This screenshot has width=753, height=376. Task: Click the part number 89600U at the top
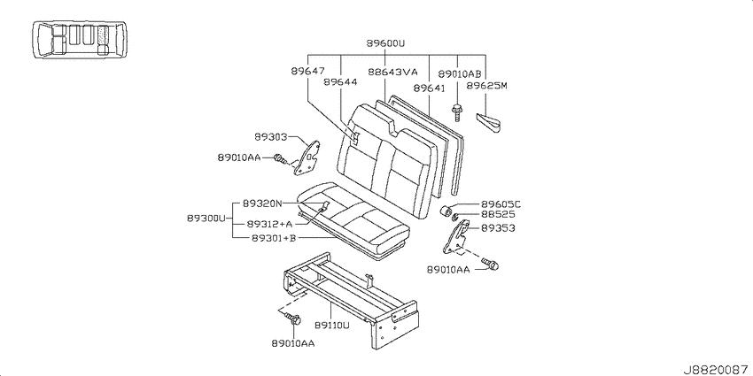[385, 43]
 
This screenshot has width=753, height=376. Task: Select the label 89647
[307, 71]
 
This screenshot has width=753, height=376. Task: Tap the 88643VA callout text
[392, 72]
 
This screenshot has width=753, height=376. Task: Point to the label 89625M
[487, 85]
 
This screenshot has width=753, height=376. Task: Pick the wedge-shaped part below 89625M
[489, 122]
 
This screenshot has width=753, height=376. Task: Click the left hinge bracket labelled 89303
[307, 157]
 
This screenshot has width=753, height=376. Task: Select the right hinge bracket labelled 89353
[456, 236]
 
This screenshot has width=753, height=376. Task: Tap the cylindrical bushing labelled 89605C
[446, 211]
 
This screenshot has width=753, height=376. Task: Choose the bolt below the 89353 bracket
[490, 264]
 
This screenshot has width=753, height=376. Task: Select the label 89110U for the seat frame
[332, 326]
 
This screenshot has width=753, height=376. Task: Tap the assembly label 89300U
[206, 219]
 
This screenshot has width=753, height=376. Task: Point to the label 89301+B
[274, 237]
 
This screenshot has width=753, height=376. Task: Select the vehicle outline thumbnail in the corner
[81, 39]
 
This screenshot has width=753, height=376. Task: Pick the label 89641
[430, 88]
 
